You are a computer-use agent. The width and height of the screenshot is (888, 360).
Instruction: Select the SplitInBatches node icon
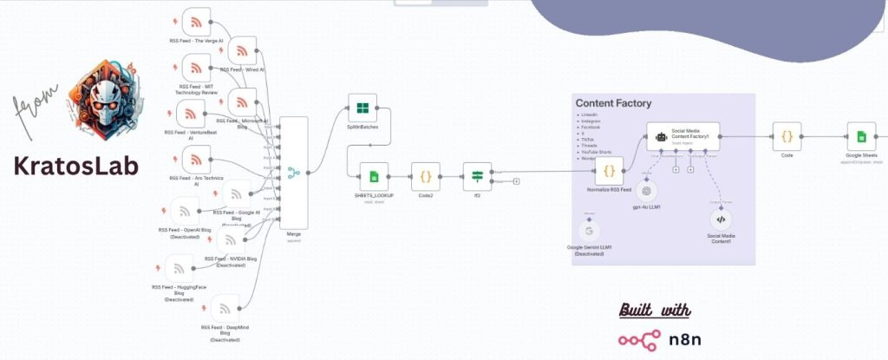[x=362, y=109]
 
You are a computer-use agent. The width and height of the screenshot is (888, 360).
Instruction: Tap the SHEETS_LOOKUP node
[x=373, y=177]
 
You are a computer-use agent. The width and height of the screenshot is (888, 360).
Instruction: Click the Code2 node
[x=425, y=177]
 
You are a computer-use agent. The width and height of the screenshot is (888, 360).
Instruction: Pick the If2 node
[x=477, y=177]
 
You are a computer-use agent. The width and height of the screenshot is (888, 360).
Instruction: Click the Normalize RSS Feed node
[x=609, y=171]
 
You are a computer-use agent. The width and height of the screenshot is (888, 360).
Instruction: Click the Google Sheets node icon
[x=861, y=136]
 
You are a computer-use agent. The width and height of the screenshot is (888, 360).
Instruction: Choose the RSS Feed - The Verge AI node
[x=196, y=22]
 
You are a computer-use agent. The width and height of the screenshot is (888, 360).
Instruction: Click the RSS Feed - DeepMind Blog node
[x=225, y=308]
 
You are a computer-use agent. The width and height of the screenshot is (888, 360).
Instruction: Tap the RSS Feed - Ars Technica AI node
[x=196, y=159]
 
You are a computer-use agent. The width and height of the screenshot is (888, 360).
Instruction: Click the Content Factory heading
[x=613, y=103]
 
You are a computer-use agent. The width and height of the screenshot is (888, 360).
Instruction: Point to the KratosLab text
[x=75, y=166]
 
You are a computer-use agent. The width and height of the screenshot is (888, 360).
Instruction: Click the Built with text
[x=655, y=310]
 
